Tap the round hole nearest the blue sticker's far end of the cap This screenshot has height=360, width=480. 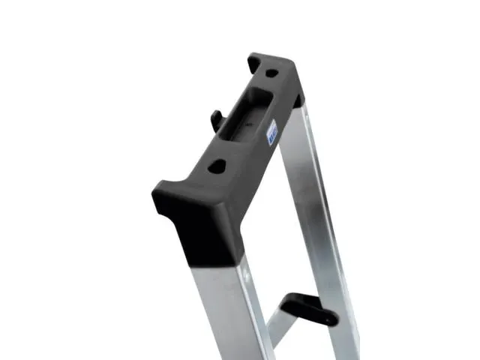coord(271,73)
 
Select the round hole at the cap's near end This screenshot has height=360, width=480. coord(217,166)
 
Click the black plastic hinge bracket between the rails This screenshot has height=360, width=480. coord(304,307)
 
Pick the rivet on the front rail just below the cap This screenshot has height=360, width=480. coord(244,279)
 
